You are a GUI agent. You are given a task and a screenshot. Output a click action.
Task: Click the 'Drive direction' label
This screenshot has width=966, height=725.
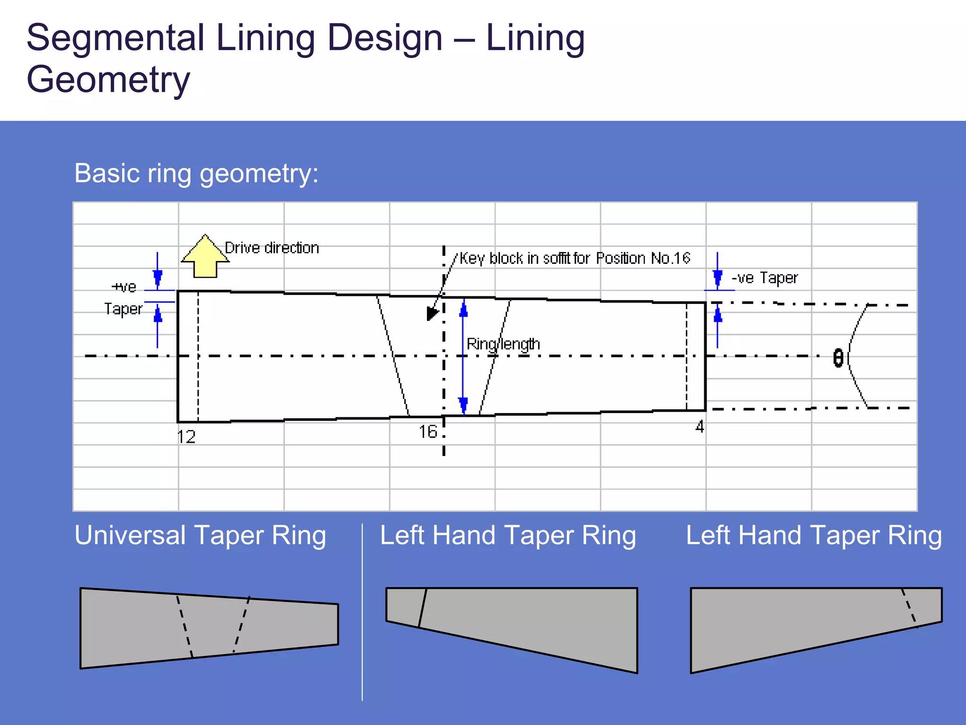point(272,248)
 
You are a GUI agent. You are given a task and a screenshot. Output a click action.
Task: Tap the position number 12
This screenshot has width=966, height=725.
point(186,437)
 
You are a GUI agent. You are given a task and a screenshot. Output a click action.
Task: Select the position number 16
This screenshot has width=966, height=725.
point(428,431)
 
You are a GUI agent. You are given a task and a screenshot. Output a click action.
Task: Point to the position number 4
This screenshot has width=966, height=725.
point(700,427)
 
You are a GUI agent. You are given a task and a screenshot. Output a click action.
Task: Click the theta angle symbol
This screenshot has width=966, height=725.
point(838,358)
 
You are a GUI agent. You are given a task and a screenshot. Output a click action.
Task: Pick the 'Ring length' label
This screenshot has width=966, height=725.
point(503,344)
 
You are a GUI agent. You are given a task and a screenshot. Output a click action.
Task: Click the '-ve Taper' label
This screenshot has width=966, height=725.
point(765,278)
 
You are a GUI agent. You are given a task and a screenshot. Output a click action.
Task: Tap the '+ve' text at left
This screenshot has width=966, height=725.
point(124,287)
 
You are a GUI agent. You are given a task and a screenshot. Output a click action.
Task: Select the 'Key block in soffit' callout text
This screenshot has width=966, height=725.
point(575,258)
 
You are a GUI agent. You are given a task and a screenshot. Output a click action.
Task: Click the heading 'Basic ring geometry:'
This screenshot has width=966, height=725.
point(196,173)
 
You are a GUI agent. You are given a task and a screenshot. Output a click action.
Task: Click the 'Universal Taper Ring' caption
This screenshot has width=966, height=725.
point(200,535)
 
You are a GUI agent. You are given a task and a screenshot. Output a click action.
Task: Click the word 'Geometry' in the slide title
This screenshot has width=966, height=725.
point(108,79)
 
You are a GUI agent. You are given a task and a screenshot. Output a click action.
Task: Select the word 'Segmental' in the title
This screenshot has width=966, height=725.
point(115,38)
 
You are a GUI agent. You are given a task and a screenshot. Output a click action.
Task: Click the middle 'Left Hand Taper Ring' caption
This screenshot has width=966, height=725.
point(508,535)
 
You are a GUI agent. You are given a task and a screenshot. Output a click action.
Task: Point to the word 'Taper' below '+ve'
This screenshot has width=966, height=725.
point(123,309)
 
